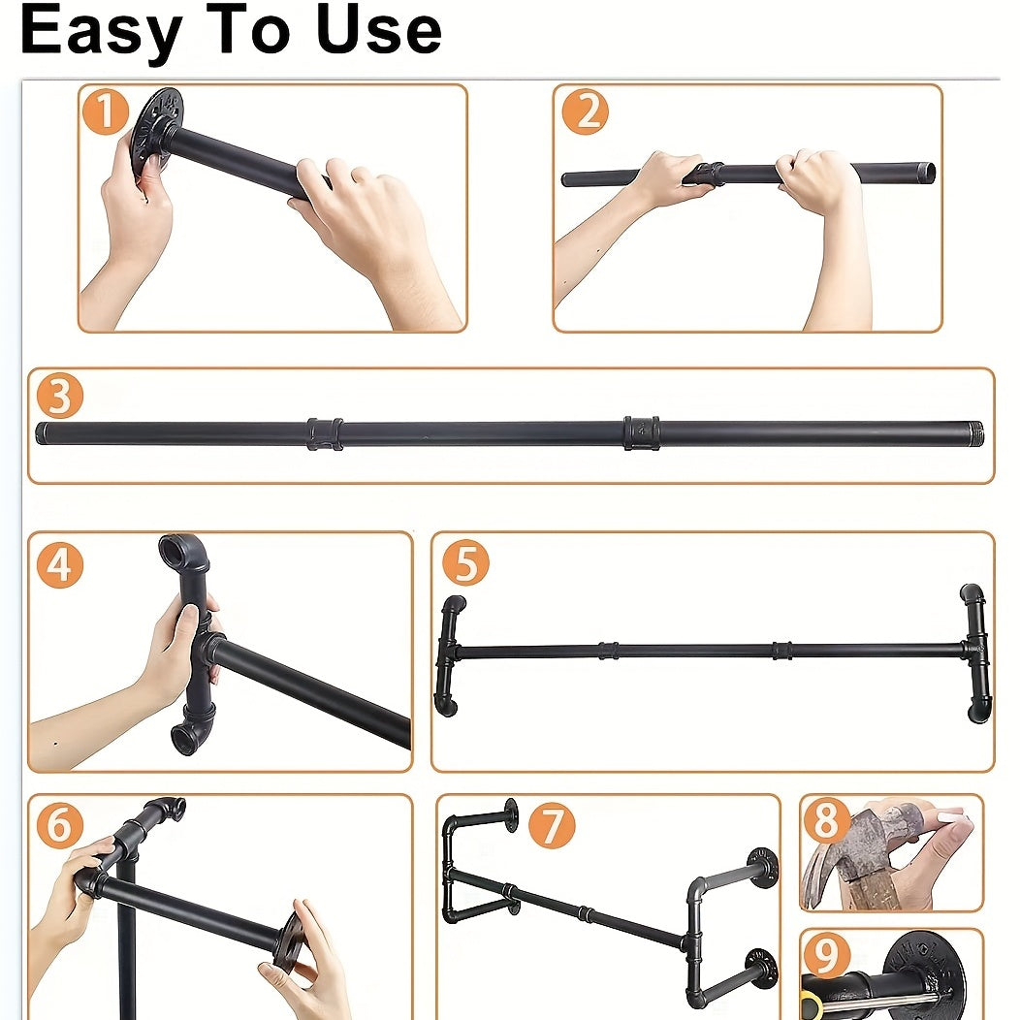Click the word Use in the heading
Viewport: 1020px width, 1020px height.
tap(379, 29)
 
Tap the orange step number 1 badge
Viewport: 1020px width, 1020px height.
tap(105, 112)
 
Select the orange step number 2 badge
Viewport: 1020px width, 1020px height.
tap(586, 112)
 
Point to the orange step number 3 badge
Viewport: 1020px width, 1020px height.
tap(60, 396)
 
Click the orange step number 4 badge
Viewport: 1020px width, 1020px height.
tap(60, 564)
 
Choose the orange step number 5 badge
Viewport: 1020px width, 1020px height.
tap(465, 562)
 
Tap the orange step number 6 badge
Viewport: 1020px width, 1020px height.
tap(60, 825)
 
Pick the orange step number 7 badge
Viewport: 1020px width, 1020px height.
tap(552, 825)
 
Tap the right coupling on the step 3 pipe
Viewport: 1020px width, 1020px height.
tap(641, 432)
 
